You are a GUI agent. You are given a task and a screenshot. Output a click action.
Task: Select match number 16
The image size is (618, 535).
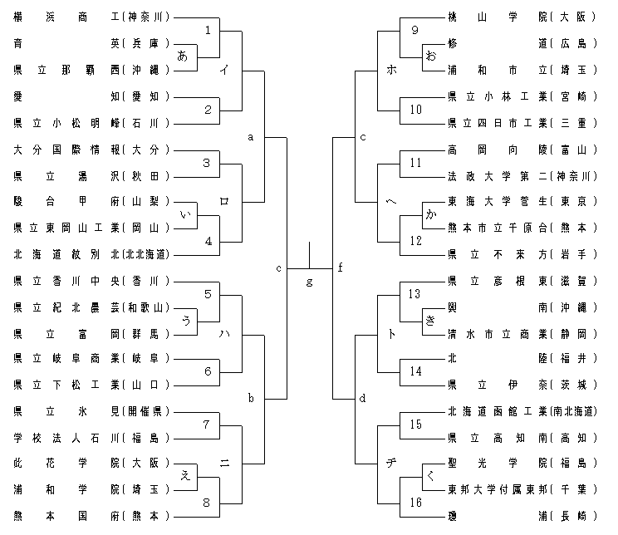(415, 503)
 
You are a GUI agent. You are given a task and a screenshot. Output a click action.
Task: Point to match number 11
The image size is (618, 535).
(415, 162)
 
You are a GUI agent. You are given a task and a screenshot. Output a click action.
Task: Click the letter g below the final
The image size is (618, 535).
(309, 282)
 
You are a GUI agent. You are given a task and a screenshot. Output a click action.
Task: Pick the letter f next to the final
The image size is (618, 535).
(341, 267)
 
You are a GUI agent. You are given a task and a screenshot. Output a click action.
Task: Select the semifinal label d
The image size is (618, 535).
(362, 398)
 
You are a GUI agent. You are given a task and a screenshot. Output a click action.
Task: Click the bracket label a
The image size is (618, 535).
(250, 136)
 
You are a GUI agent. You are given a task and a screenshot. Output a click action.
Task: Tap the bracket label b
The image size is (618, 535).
(250, 398)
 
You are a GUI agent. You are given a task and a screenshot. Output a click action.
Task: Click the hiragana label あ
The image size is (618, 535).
(184, 56)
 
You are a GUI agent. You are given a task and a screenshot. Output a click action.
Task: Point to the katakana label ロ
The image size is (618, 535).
(224, 201)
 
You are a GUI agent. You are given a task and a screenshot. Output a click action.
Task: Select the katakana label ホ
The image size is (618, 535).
(391, 71)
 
